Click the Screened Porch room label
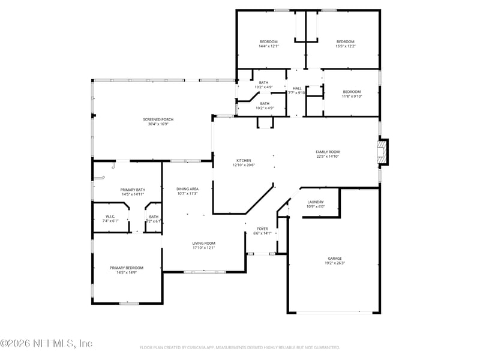(x=158, y=119)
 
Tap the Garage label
(x=334, y=259)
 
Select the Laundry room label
(x=316, y=202)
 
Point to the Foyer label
(x=263, y=229)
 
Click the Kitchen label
(x=243, y=160)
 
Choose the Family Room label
(x=328, y=152)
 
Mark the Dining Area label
(x=187, y=189)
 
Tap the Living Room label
(x=204, y=243)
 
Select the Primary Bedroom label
(x=127, y=268)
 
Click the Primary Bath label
(x=133, y=190)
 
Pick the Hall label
(x=297, y=88)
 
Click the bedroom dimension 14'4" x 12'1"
(x=268, y=46)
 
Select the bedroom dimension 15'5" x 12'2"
(x=345, y=46)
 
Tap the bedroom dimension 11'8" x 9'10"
(x=352, y=96)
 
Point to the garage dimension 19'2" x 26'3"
(x=334, y=263)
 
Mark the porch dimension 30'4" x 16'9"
(x=158, y=124)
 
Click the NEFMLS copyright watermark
(x=46, y=343)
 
